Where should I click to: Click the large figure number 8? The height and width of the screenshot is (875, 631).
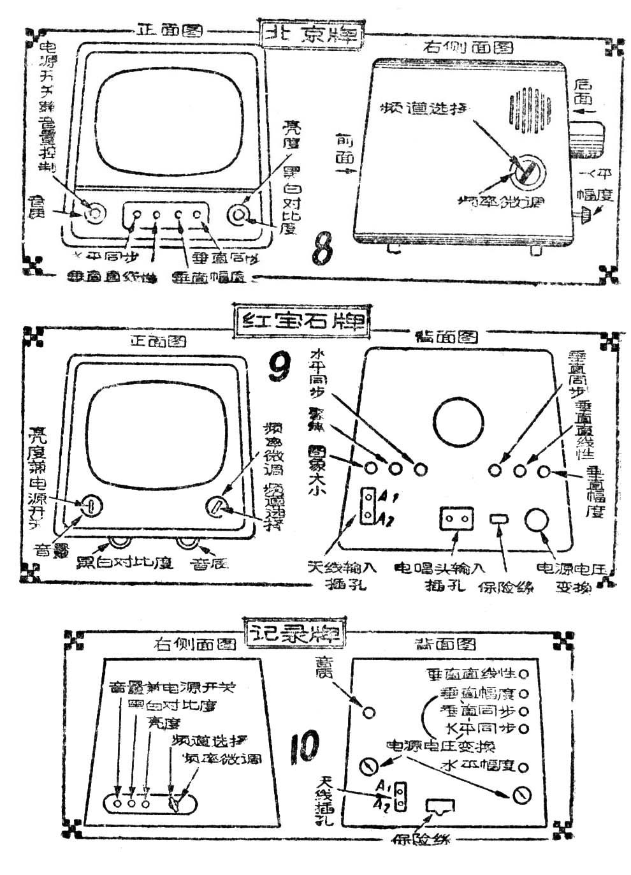tap(323, 250)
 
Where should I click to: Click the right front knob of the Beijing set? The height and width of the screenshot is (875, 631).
tap(242, 214)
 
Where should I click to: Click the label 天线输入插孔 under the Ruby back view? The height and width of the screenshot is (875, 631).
tap(342, 575)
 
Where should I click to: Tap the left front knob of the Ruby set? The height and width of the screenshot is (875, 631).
tap(91, 506)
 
